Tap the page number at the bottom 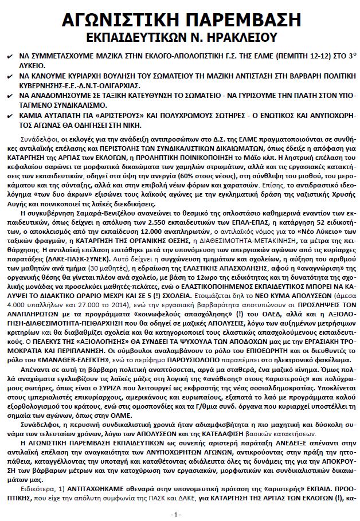179,514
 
